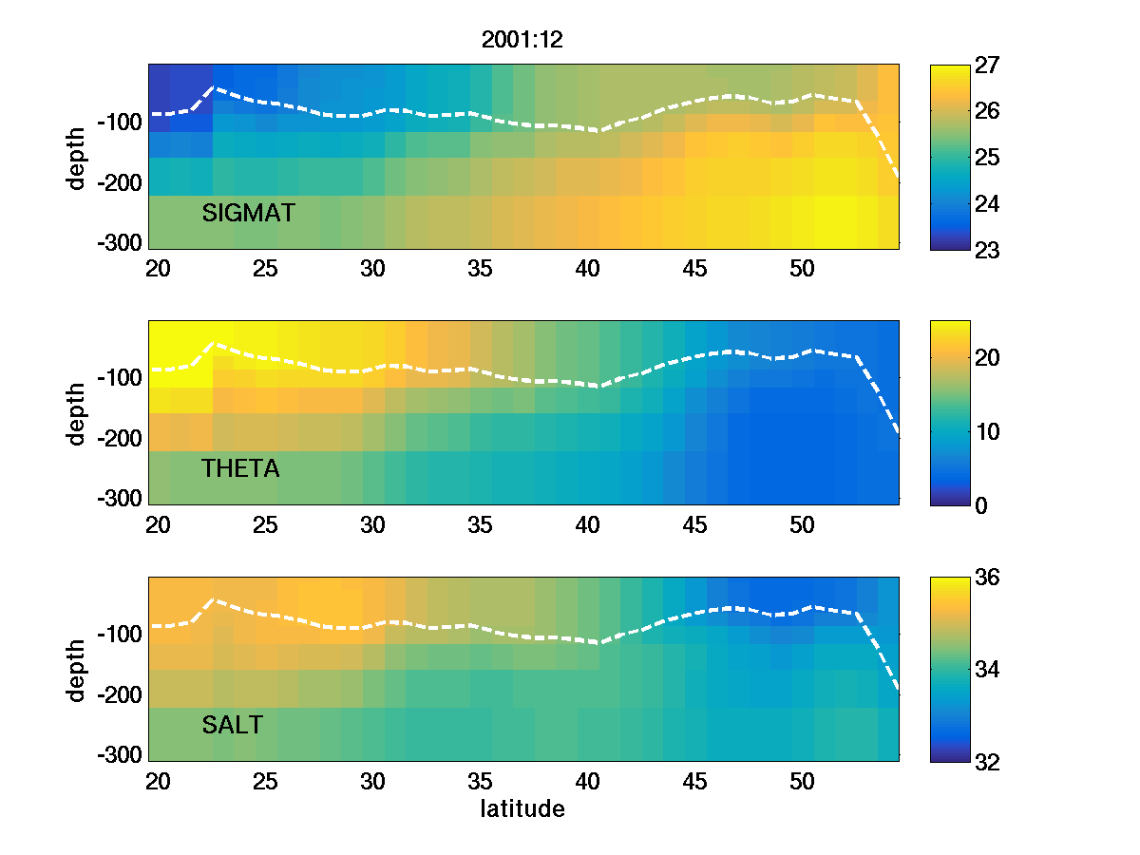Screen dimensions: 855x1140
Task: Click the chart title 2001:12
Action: coord(523,40)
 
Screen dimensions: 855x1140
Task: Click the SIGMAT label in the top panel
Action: coord(248,214)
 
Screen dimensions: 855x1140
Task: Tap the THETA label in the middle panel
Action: coord(240,468)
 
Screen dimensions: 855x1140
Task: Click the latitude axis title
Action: coord(522,809)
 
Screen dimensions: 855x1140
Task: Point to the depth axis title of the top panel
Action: coord(77,157)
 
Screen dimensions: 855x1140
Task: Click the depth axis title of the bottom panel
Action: coord(77,670)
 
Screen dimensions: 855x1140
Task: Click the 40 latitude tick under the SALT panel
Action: coord(588,781)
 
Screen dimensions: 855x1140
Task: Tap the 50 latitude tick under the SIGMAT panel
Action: coord(803,269)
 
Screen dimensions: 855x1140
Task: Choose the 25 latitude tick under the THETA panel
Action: coord(265,524)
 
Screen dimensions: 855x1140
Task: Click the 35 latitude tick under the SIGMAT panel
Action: coord(481,269)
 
